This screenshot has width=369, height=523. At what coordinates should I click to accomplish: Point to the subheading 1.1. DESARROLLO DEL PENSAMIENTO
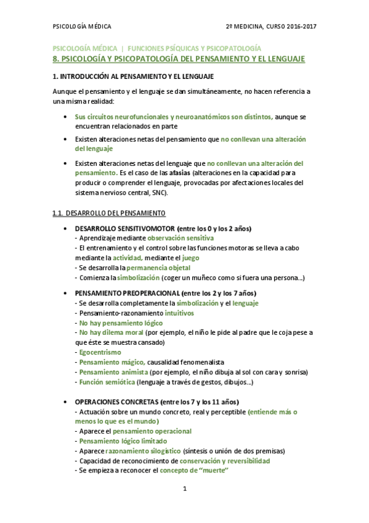coord(109,213)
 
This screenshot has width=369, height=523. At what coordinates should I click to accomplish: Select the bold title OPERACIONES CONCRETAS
coord(115,402)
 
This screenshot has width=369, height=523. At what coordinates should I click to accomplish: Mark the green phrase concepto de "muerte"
coord(194,471)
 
